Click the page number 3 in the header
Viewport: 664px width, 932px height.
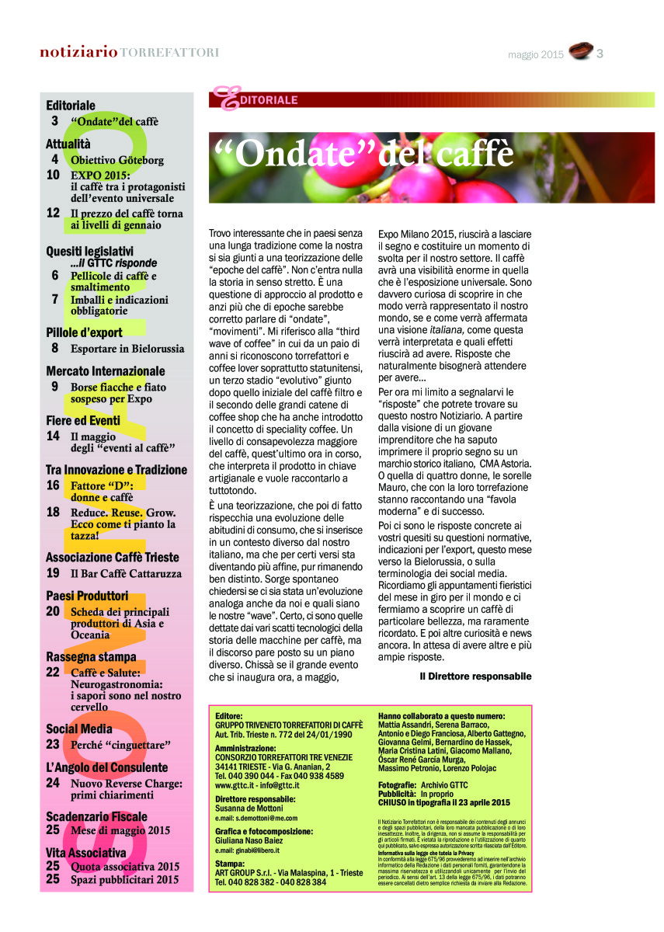coord(600,54)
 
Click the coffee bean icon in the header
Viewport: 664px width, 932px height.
coord(579,52)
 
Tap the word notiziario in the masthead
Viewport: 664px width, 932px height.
coord(79,53)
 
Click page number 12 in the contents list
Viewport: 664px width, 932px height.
coord(53,212)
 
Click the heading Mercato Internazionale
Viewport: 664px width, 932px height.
coord(105,370)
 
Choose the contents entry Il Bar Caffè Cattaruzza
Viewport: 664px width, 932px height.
coord(126,573)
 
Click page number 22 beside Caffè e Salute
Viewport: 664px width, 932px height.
coord(53,672)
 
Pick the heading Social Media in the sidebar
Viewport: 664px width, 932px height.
coord(78,729)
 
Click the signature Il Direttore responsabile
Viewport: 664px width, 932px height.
coord(475,676)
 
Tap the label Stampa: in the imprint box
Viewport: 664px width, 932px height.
coord(230,863)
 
